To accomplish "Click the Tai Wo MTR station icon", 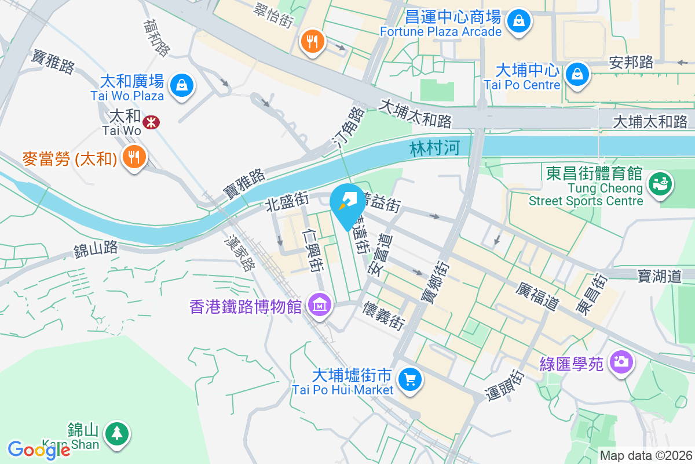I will pyautogui.click(x=151, y=122).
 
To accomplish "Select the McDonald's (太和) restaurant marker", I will pyautogui.click(x=134, y=157).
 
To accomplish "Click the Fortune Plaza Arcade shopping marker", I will pyautogui.click(x=520, y=21).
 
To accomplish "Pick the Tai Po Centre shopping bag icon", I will pyautogui.click(x=577, y=74).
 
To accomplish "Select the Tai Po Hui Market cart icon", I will pyautogui.click(x=411, y=379).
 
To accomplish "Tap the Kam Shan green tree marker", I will pyautogui.click(x=118, y=433).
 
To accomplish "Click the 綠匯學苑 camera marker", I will pyautogui.click(x=621, y=362).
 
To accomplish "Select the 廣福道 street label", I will pyautogui.click(x=538, y=295).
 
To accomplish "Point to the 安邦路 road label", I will pyautogui.click(x=631, y=63).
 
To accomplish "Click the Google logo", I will pyautogui.click(x=39, y=449).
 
